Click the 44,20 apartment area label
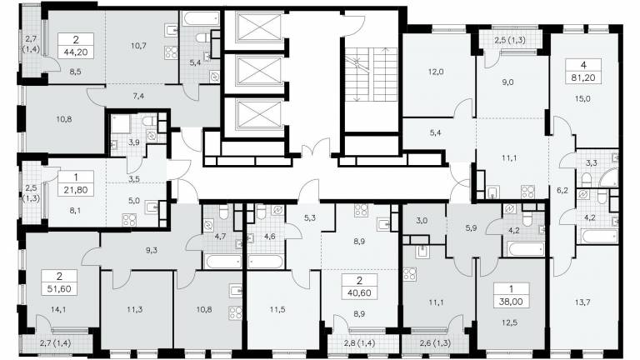[x=76, y=52]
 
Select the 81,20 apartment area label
[x=583, y=77]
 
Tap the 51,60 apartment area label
[x=59, y=289]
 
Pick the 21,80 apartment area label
[x=76, y=190]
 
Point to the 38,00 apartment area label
[x=511, y=302]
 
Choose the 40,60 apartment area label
[x=360, y=293]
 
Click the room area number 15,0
[x=582, y=99]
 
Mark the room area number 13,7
[x=582, y=302]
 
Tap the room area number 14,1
[x=59, y=310]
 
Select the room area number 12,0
[x=436, y=72]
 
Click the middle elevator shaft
[x=259, y=71]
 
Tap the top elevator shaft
[x=259, y=27]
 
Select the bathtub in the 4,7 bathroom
[x=223, y=262]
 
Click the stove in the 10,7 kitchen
[x=172, y=52]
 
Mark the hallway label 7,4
[x=138, y=97]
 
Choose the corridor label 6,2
[x=562, y=190]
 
